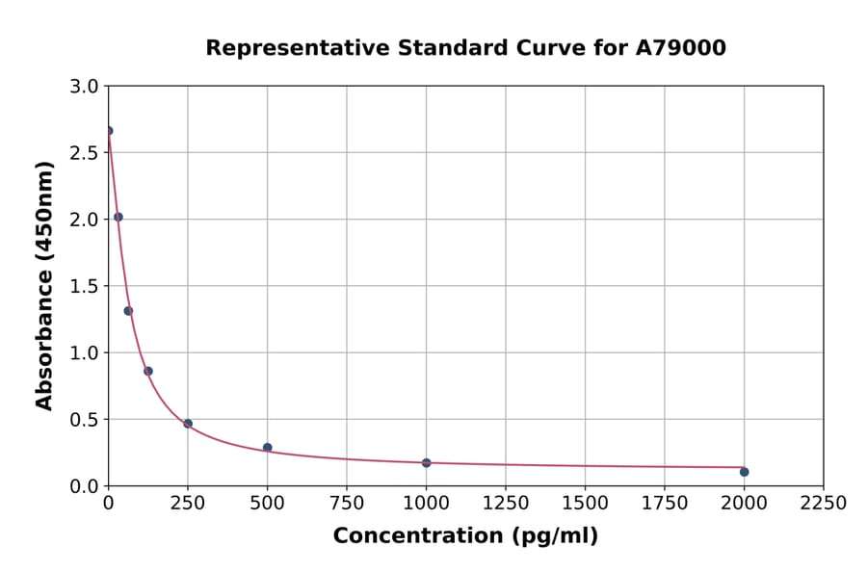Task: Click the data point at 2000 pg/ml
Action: [x=744, y=472]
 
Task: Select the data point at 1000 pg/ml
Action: [x=426, y=463]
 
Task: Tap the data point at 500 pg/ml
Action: [x=267, y=448]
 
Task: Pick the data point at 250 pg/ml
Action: [x=188, y=424]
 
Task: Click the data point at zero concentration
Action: [x=109, y=131]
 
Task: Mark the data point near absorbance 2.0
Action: [x=118, y=217]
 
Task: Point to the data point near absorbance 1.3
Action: [x=128, y=311]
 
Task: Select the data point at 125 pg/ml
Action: [x=148, y=371]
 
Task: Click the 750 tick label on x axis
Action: [x=347, y=503]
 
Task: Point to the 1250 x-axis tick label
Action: [x=506, y=503]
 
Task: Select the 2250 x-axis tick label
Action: [x=824, y=503]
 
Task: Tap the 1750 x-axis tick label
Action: [x=665, y=503]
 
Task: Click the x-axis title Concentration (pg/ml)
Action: [x=465, y=536]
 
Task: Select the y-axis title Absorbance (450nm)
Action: [x=44, y=285]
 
